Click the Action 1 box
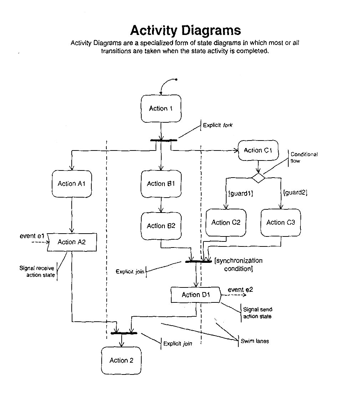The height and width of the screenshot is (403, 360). click(x=161, y=108)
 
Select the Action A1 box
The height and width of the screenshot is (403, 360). click(x=72, y=184)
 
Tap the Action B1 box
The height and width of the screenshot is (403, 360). click(x=161, y=184)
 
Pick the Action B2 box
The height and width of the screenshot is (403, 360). click(x=161, y=226)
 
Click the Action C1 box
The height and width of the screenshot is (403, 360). click(x=258, y=151)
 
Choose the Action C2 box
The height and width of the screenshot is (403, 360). click(x=226, y=223)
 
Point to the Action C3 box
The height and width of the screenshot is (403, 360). click(x=280, y=223)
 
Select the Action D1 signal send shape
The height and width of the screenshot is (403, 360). click(x=196, y=295)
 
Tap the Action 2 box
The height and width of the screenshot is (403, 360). click(x=121, y=361)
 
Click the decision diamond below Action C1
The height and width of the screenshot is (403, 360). click(x=258, y=177)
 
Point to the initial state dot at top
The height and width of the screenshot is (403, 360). click(x=176, y=79)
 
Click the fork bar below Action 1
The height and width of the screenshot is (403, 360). click(x=163, y=140)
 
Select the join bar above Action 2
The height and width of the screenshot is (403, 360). click(x=124, y=333)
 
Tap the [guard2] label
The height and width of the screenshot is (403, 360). click(x=295, y=193)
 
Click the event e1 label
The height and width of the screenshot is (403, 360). click(x=32, y=236)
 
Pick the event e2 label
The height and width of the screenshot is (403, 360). click(x=240, y=290)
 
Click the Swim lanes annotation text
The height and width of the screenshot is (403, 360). click(x=255, y=341)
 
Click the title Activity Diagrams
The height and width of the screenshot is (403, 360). click(x=185, y=30)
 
